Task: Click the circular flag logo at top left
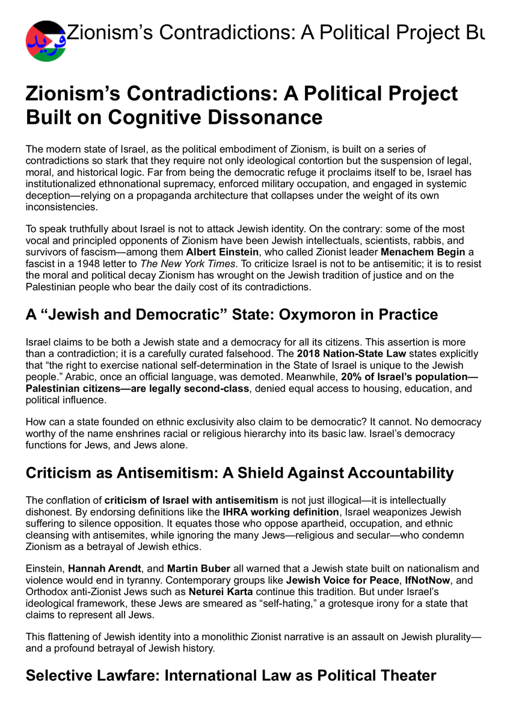tap(46, 41)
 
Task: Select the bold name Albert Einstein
tap(222, 251)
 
